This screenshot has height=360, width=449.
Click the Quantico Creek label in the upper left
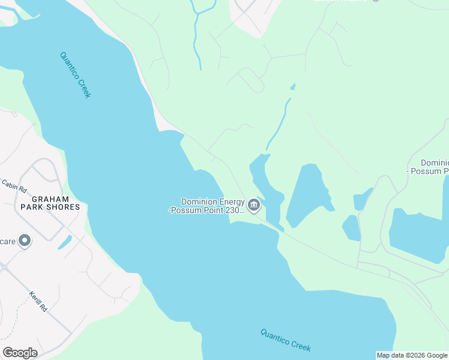76,75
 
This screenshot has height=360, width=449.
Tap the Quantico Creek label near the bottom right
286,340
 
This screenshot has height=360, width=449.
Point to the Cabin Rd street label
14,186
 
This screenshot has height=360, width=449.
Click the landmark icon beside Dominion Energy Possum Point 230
254,206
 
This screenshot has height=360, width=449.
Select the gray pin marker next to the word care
25,241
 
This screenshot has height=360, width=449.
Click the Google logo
20,353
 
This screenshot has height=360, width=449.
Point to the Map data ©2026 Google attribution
412,355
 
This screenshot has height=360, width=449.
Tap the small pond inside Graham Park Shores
64,242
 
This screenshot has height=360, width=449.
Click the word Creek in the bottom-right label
300,345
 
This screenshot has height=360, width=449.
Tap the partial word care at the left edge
8,241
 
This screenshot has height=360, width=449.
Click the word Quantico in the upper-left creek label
71,68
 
